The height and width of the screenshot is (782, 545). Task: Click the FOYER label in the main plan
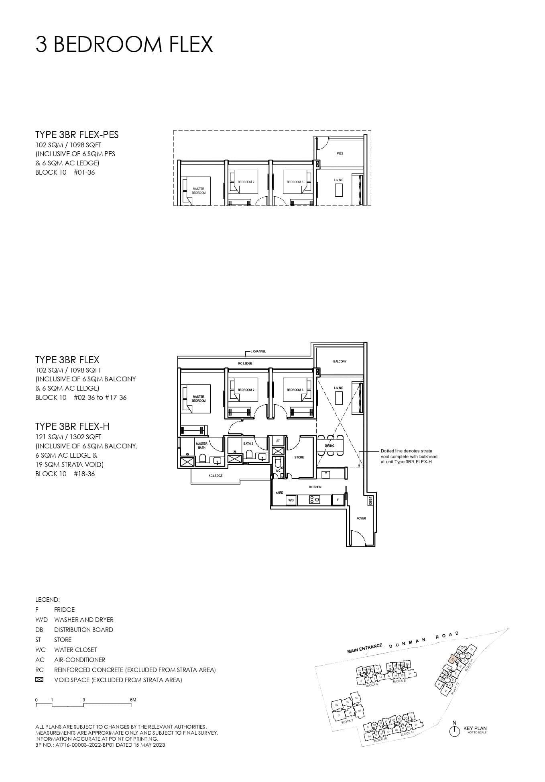pos(361,518)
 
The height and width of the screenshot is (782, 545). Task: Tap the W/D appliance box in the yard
pos(291,500)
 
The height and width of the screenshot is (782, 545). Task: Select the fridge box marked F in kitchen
pos(338,500)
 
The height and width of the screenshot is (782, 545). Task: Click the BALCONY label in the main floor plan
pos(340,361)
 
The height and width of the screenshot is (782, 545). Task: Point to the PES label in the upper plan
pos(340,153)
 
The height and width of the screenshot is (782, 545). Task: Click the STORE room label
pos(299,457)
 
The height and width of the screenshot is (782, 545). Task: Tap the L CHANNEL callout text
pos(258,351)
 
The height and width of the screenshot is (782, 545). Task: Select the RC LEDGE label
pos(245,363)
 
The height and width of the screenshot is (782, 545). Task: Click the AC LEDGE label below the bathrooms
pos(215,476)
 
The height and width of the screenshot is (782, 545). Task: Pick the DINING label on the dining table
pos(329,446)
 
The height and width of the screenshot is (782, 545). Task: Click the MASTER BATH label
pos(201,446)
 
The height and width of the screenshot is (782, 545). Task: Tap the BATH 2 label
pos(248,444)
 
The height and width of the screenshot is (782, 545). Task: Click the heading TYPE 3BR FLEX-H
pos(72,426)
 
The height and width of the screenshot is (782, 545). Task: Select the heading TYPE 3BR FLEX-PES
pos(77,134)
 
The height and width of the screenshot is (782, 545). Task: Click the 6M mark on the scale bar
pos(133,700)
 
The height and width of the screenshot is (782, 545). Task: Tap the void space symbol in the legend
pos(39,680)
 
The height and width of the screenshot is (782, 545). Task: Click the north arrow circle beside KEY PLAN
pos(454,731)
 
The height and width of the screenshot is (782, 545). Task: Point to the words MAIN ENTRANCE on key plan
pos(365,649)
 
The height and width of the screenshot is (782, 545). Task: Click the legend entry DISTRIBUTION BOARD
pos(83,630)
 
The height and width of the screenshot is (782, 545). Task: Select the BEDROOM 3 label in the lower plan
pos(295,390)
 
